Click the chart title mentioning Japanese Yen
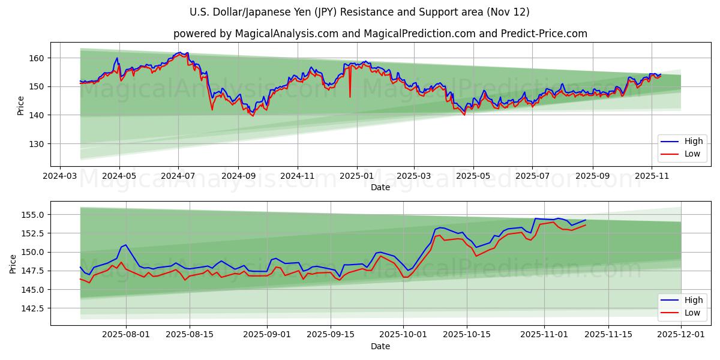[x=359, y=12]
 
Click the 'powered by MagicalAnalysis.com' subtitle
[x=380, y=34]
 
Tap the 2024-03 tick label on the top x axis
[x=59, y=176]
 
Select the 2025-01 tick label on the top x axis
[x=357, y=176]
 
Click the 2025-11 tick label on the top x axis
[x=652, y=176]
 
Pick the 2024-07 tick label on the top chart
[x=178, y=176]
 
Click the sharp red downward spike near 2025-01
[x=350, y=96]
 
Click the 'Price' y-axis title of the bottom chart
[x=13, y=263]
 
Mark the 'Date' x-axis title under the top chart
[x=380, y=187]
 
